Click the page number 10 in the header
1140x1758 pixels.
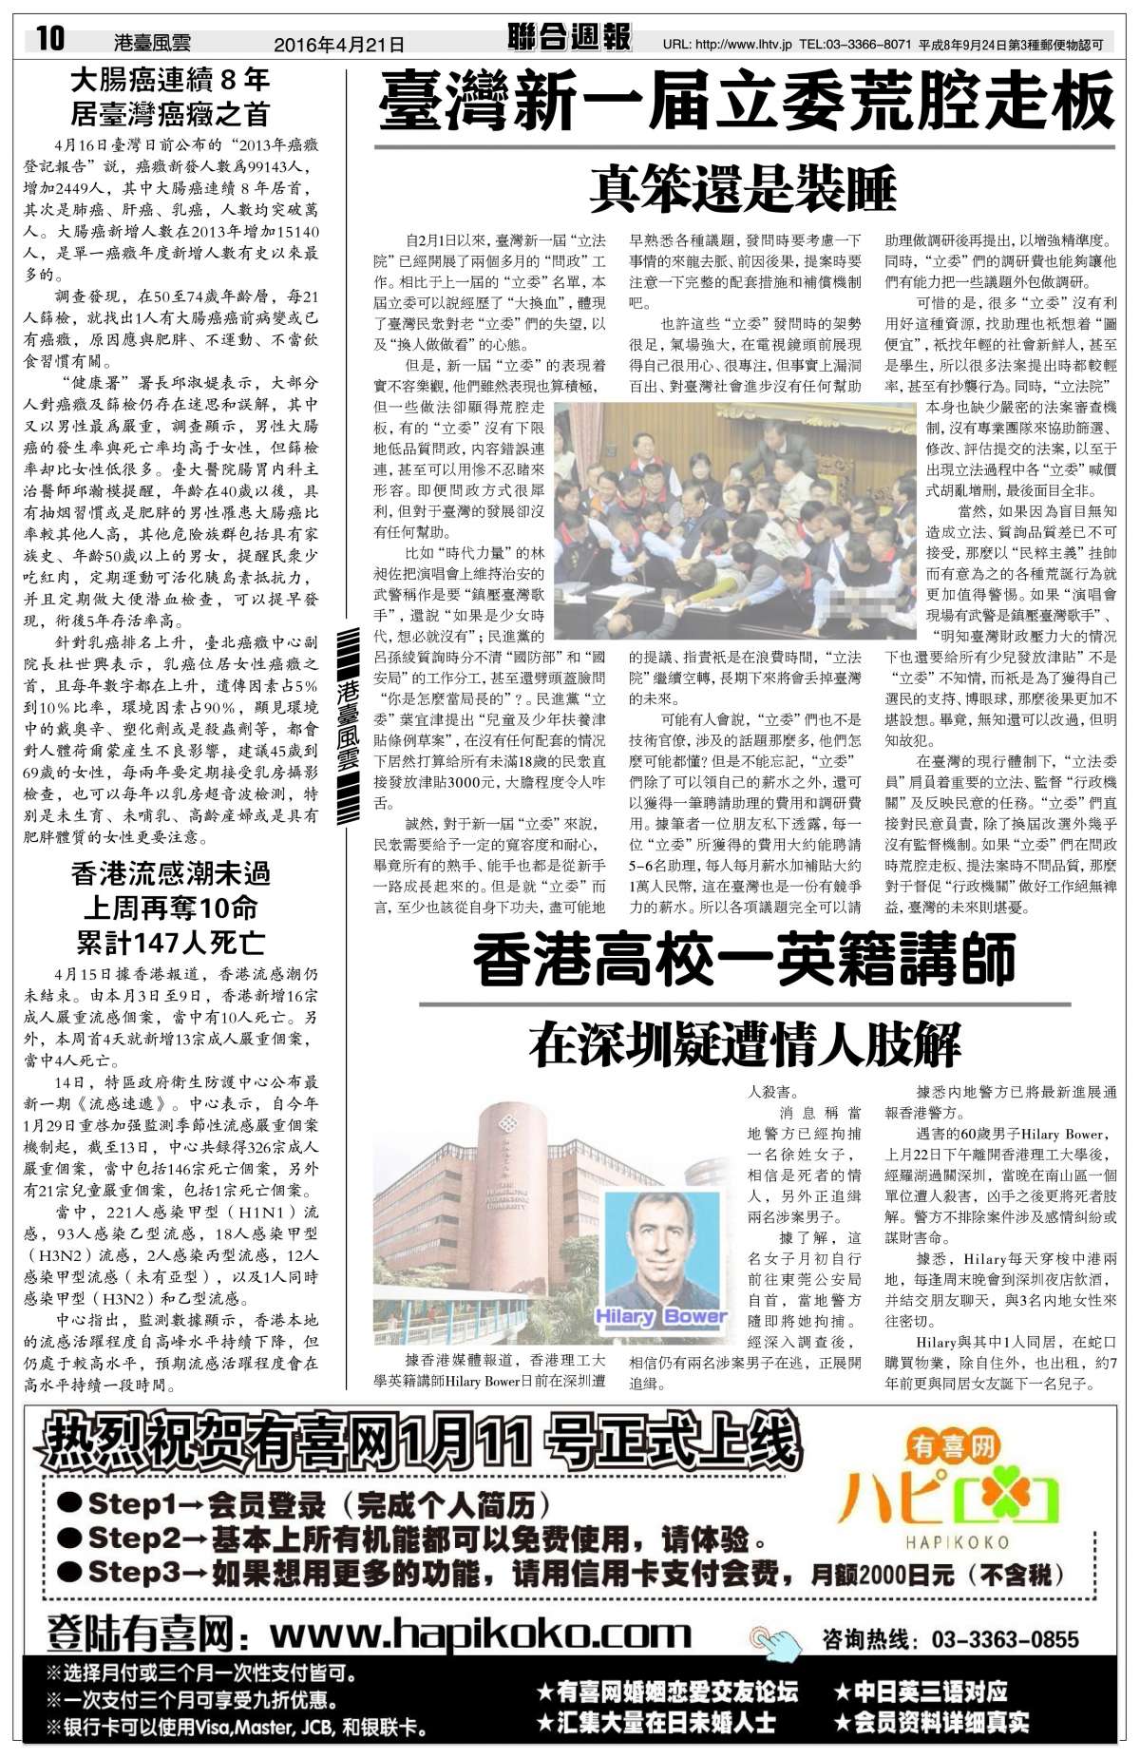click(x=50, y=39)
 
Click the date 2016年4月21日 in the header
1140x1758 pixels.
click(x=338, y=44)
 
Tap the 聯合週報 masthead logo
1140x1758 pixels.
click(x=569, y=37)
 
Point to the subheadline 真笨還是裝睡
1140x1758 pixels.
click(x=743, y=187)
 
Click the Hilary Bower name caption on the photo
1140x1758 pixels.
click(x=660, y=1316)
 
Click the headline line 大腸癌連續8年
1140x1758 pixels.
click(x=171, y=80)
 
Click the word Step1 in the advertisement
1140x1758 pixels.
click(x=125, y=1503)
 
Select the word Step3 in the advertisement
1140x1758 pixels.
click(x=125, y=1572)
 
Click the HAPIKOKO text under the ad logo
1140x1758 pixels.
click(x=957, y=1542)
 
